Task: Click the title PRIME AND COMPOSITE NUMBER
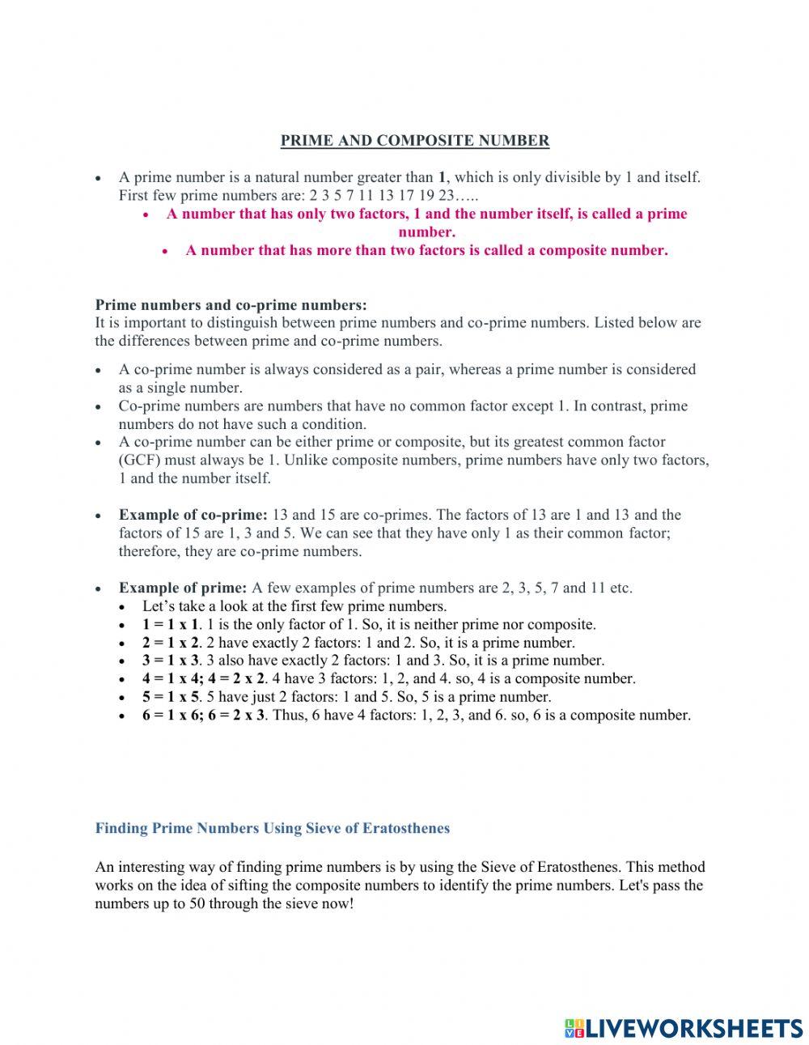click(x=414, y=141)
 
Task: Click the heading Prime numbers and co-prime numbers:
click(x=231, y=305)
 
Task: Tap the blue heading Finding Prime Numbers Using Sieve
click(x=272, y=828)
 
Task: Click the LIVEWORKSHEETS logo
click(x=684, y=1028)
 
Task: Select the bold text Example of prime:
click(x=183, y=588)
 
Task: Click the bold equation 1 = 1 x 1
click(x=170, y=625)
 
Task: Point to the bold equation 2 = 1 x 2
click(x=170, y=643)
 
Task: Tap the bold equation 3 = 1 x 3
click(x=170, y=661)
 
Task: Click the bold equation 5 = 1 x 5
click(x=170, y=697)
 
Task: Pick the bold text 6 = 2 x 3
click(x=236, y=716)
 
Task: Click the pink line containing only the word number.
click(x=426, y=232)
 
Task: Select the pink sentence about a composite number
click(x=426, y=250)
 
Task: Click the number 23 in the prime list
click(x=446, y=196)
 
